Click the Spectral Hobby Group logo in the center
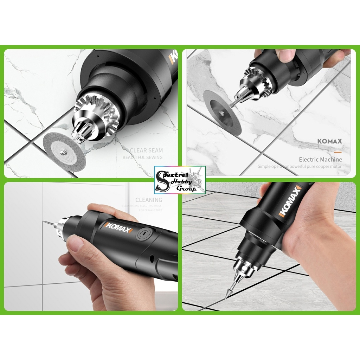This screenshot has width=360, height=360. (180, 180)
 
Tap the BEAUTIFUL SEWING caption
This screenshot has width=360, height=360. (143, 157)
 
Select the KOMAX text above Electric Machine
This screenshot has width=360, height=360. (329, 141)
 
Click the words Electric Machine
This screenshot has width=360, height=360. (320, 159)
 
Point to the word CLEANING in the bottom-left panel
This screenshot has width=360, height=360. (149, 200)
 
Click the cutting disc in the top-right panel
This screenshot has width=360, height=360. (223, 113)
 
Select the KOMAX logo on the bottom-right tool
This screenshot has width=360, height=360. (291, 202)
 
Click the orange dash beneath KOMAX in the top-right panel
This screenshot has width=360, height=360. (337, 152)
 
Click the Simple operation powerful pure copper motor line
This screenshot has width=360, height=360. (299, 166)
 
